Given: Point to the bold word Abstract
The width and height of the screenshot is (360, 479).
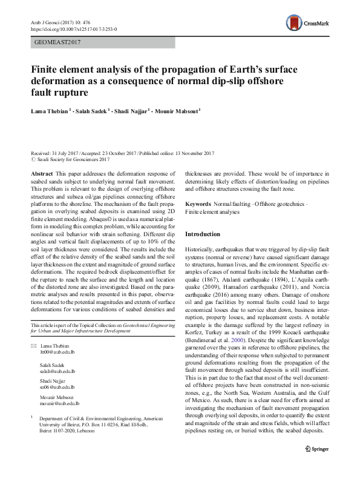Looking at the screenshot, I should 41,173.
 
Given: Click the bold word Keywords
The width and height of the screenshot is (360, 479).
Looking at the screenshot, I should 200,205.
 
